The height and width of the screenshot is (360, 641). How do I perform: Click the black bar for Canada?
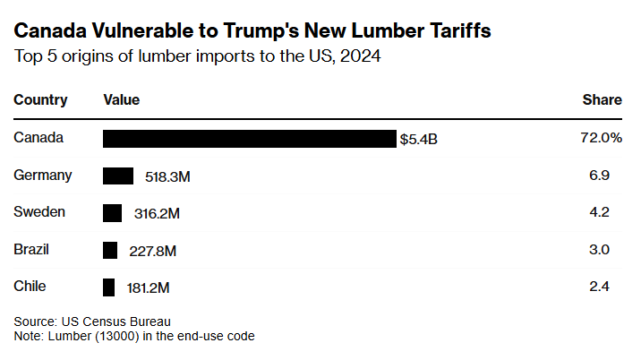point(249,139)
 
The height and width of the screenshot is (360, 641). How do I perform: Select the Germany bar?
point(118,176)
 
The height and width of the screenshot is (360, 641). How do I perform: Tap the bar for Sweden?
point(112,213)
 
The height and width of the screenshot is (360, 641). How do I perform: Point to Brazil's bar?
point(110,250)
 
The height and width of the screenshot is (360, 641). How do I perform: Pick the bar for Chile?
point(109,287)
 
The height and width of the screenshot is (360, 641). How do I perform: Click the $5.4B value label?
point(419,140)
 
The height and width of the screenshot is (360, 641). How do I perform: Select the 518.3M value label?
point(167,177)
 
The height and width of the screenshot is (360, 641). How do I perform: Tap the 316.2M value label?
point(156,214)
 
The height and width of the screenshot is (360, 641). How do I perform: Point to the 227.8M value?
point(152,251)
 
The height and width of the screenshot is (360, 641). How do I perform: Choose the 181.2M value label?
point(149,288)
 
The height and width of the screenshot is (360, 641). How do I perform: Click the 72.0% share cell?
point(601,138)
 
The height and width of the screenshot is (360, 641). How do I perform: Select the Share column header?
point(603,100)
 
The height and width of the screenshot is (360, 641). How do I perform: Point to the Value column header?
point(122,100)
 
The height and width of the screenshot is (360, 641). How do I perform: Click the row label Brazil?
point(31,250)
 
